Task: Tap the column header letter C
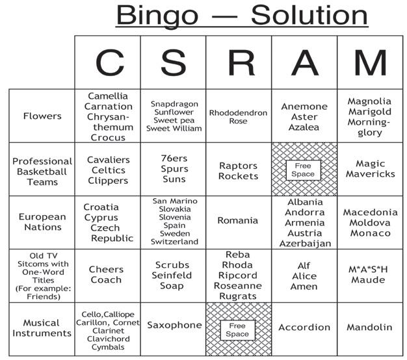109,63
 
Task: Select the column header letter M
370,63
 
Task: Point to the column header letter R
239,63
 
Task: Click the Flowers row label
42,116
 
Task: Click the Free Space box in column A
304,170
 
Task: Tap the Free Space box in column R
237,329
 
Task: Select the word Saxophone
174,325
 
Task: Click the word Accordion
304,328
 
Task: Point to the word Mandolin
369,328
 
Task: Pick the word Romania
237,221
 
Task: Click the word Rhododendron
238,113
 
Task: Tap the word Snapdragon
174,104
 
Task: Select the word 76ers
174,158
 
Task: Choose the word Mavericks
370,174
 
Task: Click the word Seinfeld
173,276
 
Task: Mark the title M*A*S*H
369,270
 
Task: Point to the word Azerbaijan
305,244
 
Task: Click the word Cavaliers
108,160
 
